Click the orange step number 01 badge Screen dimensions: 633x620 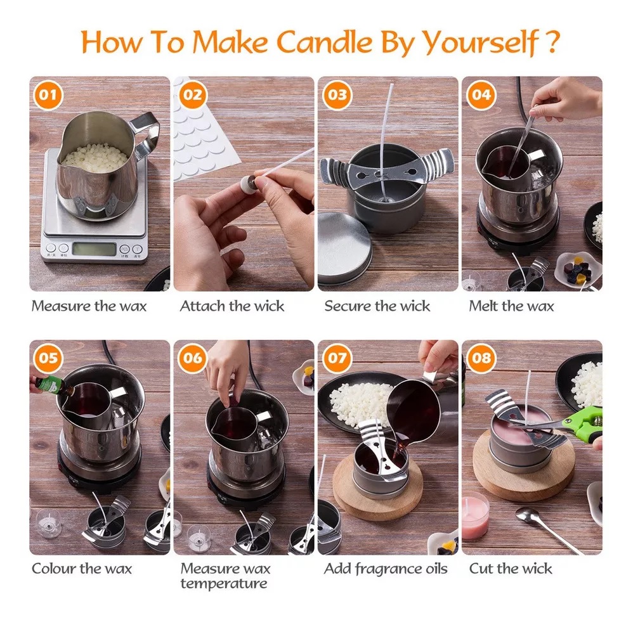coord(48,95)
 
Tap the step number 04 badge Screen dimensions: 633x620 coord(481,95)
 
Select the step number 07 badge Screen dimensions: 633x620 coord(337,358)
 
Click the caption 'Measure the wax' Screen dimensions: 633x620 coord(89,306)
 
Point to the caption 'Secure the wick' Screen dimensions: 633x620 coord(377,306)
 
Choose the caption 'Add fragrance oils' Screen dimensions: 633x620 coord(386,569)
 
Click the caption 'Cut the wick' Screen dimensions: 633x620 coord(511,569)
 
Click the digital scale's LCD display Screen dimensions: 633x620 coord(94,249)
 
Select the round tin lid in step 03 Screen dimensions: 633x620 coord(344,248)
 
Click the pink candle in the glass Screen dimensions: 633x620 coord(475,515)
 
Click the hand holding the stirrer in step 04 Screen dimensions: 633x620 coord(565,99)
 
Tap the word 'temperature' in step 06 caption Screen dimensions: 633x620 coord(224,584)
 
